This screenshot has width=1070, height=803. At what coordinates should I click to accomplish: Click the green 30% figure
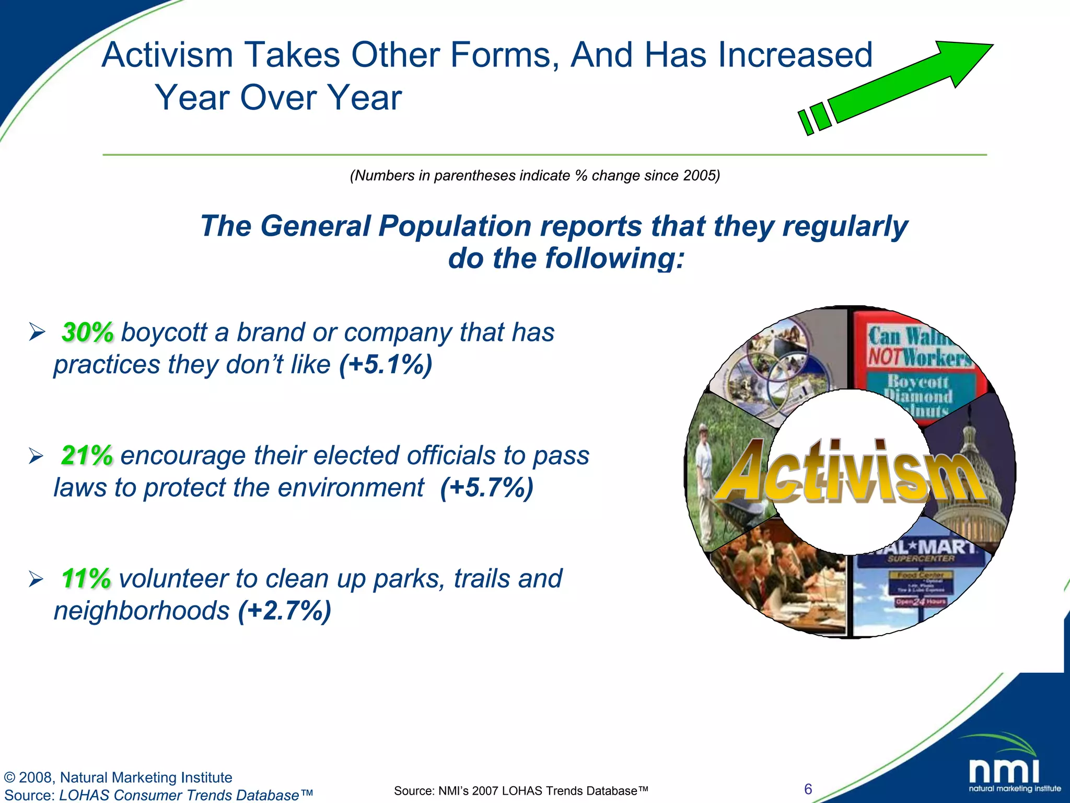coord(87,332)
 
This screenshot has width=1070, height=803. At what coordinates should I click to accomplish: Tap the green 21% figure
coord(87,455)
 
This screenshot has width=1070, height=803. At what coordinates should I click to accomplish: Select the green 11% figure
coord(86,579)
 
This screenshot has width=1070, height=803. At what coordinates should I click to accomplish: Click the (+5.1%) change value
coord(386,365)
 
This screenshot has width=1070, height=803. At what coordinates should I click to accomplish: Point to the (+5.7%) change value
coord(486,488)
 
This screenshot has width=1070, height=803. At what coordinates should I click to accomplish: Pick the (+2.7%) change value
coord(285,611)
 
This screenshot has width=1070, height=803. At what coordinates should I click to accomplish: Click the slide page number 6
coord(808,789)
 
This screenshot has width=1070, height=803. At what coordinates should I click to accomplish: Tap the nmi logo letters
coord(1004,771)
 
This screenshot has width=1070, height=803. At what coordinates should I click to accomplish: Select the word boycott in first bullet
coord(164,333)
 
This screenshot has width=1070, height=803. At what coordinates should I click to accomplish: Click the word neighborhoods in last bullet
coord(142,611)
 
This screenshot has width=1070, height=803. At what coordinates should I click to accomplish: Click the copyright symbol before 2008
coord(9,778)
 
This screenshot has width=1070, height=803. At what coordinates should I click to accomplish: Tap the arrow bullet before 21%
coord(36,456)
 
